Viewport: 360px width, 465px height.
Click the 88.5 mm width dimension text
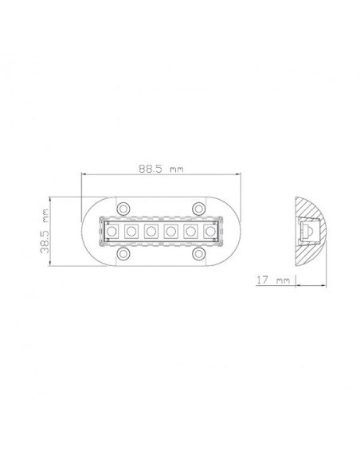click(159, 169)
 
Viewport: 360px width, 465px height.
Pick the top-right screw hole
click(198, 208)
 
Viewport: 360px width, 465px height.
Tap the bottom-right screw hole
click(198, 254)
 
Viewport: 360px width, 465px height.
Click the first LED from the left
click(112, 231)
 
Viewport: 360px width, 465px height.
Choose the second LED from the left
click(131, 231)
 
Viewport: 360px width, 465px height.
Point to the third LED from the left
click(151, 231)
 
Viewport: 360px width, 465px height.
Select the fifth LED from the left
click(190, 231)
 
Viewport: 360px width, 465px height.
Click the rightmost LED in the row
click(209, 231)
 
